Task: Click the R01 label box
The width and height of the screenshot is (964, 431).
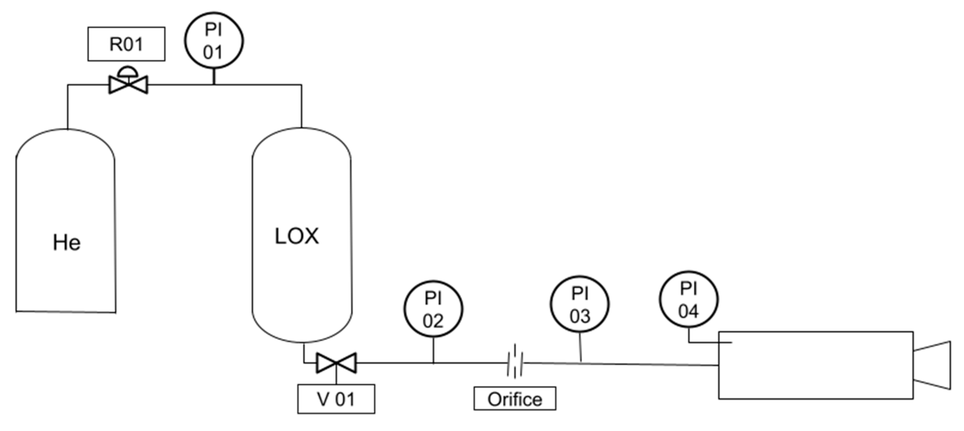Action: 126,44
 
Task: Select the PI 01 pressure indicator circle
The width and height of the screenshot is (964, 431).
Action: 214,40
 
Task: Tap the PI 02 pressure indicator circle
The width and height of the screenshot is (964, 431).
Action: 433,309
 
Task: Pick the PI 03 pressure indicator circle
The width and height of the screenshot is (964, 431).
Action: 580,305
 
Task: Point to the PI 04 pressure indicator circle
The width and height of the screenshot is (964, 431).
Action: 688,300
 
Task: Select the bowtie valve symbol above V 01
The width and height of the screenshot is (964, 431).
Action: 336,363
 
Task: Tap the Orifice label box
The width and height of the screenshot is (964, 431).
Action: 514,399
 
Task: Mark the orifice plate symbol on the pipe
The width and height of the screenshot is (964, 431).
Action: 515,362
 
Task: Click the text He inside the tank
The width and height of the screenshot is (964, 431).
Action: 66,243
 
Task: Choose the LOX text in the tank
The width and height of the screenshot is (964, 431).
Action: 297,236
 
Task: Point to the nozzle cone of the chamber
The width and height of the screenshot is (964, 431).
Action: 933,365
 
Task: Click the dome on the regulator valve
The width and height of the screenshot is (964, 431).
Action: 128,71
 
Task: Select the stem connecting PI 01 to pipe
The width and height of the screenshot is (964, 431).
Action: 214,76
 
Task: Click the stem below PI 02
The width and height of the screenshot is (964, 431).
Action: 433,350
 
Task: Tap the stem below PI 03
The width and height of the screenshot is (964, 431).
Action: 580,347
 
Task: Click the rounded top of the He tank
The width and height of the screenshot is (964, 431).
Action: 66,138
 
